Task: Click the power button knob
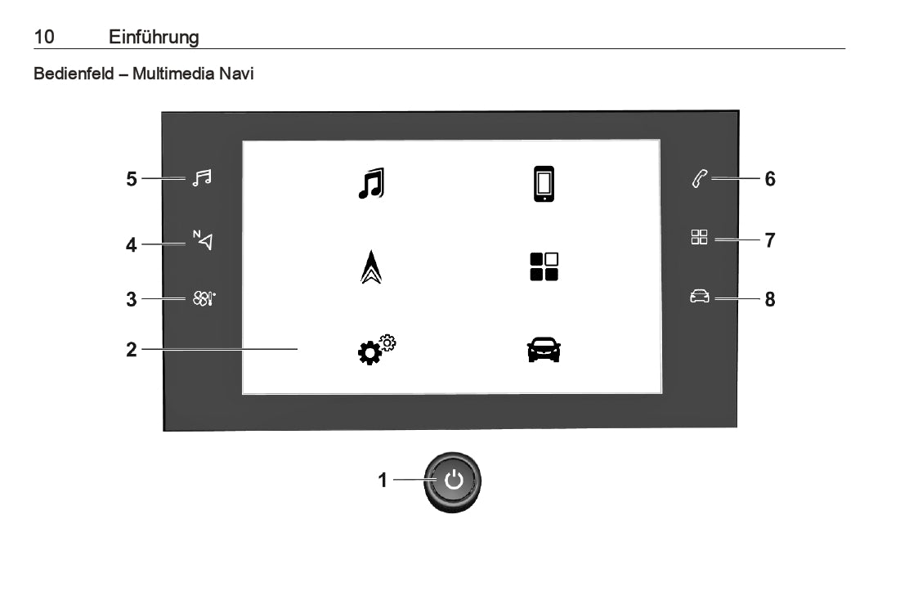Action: (x=453, y=481)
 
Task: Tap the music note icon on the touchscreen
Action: (x=371, y=183)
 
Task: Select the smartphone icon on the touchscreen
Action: (x=544, y=184)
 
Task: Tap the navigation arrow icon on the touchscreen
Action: (x=371, y=267)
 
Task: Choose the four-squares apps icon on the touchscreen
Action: (x=544, y=267)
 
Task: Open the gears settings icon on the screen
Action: (x=377, y=350)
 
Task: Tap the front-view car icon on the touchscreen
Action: (x=544, y=350)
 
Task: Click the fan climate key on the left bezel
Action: (x=204, y=298)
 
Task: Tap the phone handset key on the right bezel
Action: (x=700, y=178)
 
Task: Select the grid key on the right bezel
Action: (x=699, y=237)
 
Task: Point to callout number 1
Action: (x=383, y=480)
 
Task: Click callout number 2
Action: (x=132, y=350)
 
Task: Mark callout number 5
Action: (x=132, y=178)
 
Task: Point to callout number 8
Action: (x=770, y=299)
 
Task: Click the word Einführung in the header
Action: (x=154, y=37)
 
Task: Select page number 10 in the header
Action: (x=44, y=37)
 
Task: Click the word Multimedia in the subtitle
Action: (x=173, y=74)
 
